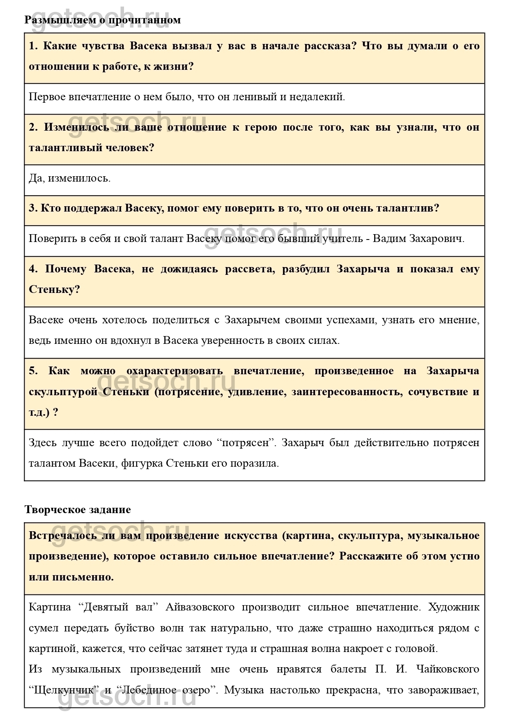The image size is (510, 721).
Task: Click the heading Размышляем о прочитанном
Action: point(103,20)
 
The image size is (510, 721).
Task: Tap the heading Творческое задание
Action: point(78,509)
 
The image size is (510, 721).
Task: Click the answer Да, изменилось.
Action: point(69,178)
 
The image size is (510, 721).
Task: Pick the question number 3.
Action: point(33,208)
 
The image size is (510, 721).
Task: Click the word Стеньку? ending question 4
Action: point(54,290)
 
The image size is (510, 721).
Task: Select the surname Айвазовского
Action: point(200,607)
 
